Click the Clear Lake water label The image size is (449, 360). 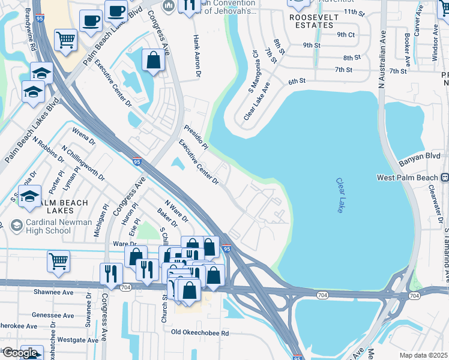point(340,196)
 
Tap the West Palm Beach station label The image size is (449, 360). point(407,178)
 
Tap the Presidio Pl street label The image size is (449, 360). point(195,137)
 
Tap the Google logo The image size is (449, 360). point(19,352)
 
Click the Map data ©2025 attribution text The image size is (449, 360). point(424,355)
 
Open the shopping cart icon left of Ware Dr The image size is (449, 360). point(58,260)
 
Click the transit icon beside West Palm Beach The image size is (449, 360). point(445,177)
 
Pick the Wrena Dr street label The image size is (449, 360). point(83,136)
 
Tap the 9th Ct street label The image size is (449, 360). point(346,35)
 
